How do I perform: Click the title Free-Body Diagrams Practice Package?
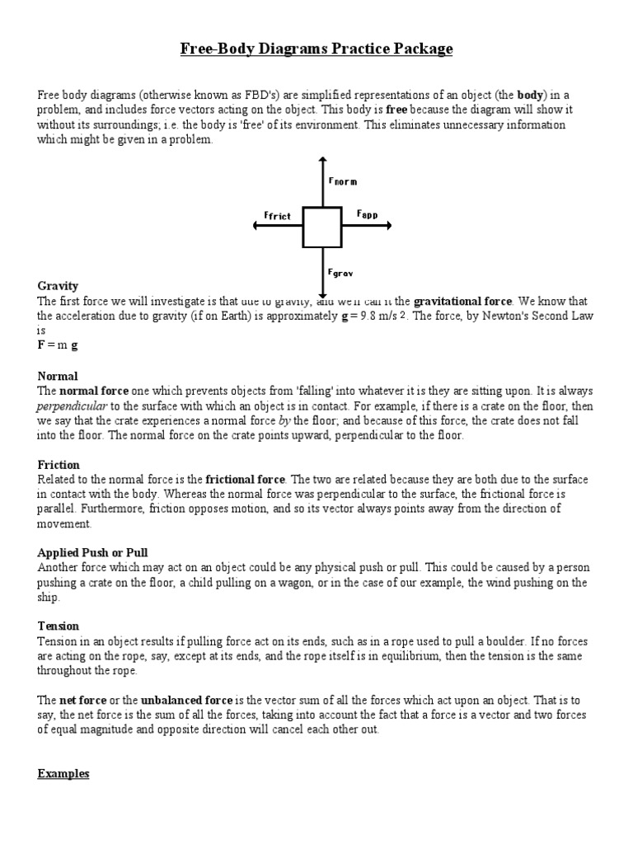pos(316,49)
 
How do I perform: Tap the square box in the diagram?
pos(322,227)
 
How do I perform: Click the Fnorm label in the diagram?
pos(342,181)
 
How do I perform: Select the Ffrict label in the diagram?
pos(278,216)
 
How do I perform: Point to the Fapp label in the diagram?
pos(367,213)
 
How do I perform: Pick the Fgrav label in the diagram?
pos(340,271)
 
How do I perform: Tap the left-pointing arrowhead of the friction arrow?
pos(258,227)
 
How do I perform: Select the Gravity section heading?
pos(58,286)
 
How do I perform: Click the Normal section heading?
pos(58,376)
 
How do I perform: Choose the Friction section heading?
pos(59,465)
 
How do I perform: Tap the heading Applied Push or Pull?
pos(92,551)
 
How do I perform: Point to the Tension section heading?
pos(59,626)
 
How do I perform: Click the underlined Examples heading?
pos(63,774)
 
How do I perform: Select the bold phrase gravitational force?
pos(462,301)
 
